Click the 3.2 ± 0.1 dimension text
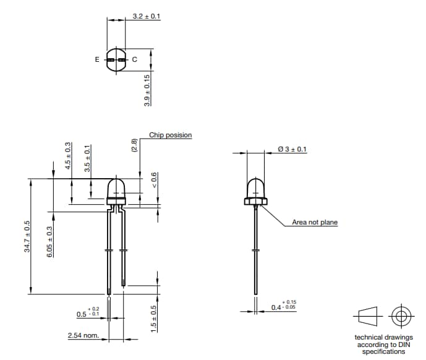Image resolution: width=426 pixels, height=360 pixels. click(x=147, y=16)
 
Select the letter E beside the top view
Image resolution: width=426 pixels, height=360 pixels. click(x=96, y=60)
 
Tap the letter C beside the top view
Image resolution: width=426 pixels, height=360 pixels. click(x=134, y=60)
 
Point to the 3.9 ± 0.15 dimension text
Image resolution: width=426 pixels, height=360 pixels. click(x=147, y=90)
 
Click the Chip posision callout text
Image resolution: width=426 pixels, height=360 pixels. click(x=170, y=135)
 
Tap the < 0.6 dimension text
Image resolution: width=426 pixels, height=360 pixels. click(x=155, y=181)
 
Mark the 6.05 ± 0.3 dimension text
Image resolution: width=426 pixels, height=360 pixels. click(x=50, y=241)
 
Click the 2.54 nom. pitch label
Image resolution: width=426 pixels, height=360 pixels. click(x=83, y=336)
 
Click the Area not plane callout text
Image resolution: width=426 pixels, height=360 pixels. click(x=315, y=223)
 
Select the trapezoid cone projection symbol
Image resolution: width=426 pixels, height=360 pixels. click(x=367, y=317)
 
